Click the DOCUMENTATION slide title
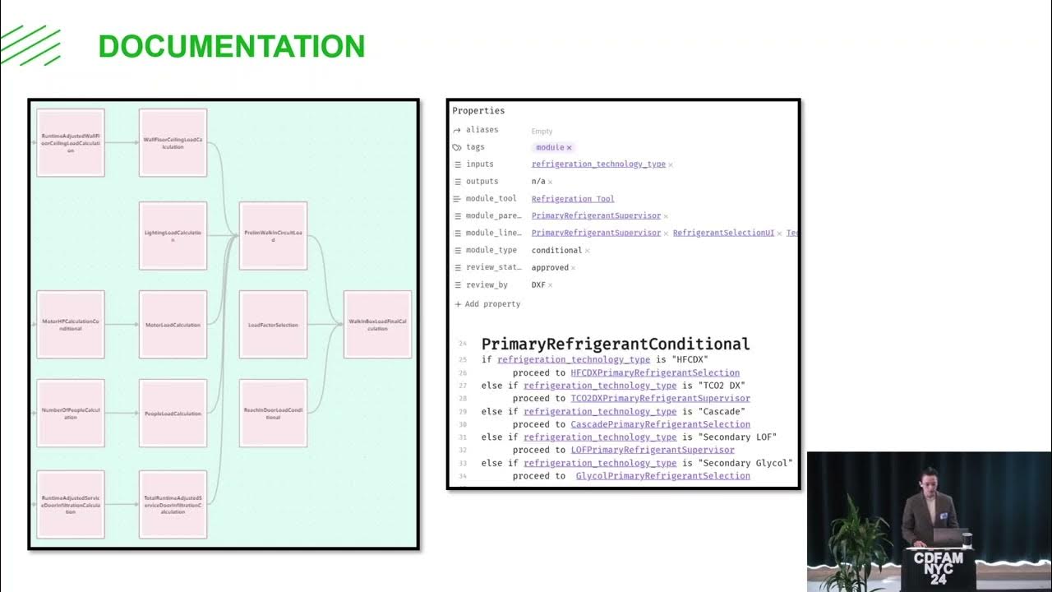point(231,46)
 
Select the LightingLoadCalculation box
point(173,235)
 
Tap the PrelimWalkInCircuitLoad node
point(273,235)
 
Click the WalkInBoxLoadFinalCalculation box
point(377,324)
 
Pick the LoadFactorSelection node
point(273,324)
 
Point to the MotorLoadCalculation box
point(173,324)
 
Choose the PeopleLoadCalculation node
point(173,413)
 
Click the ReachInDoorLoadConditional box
point(273,413)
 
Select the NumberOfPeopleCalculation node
point(71,413)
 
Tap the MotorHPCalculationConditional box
point(71,324)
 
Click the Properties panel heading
point(478,111)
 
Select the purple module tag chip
point(552,147)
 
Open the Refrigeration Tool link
point(573,199)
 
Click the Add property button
point(487,304)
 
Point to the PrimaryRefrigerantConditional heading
point(616,344)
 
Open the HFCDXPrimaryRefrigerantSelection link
point(655,372)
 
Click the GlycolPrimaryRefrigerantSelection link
point(662,476)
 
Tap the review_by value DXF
point(538,285)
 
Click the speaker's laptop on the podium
point(950,536)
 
